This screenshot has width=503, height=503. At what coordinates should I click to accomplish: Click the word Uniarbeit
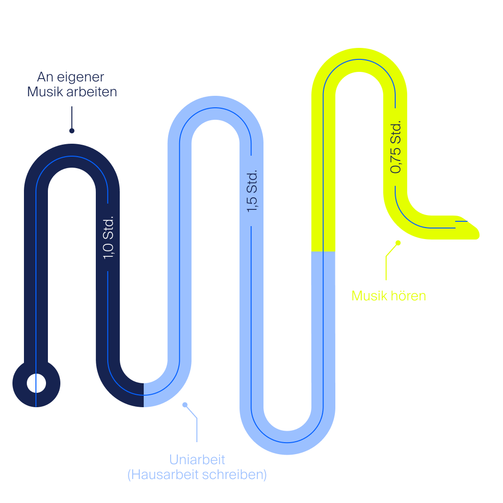point(197,460)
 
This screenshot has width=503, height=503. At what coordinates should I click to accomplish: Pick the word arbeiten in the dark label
point(91,92)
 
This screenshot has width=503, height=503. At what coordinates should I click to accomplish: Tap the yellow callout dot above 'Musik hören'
point(398,243)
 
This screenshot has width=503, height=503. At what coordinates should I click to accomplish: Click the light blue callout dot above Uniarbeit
point(185,405)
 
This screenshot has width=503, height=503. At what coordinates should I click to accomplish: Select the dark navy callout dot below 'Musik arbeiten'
point(72,130)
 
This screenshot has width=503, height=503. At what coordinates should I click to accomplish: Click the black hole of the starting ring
point(36,383)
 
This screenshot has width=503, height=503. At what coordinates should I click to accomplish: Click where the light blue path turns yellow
point(323,251)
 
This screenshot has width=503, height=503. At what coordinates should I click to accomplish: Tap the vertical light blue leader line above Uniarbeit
point(197,429)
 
